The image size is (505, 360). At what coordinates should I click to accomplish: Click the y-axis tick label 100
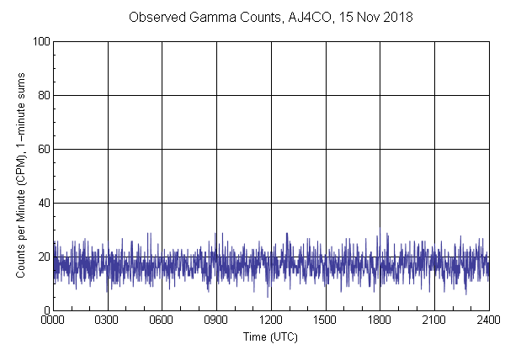[x=40, y=41]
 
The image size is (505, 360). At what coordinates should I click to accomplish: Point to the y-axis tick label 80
[x=43, y=95]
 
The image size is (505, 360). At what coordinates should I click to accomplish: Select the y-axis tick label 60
[x=43, y=149]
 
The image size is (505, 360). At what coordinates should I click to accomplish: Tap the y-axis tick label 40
[x=43, y=203]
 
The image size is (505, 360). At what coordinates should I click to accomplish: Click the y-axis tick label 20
[x=43, y=257]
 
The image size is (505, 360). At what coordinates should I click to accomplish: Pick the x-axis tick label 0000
[x=53, y=320]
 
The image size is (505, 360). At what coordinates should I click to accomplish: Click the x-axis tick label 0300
[x=108, y=320]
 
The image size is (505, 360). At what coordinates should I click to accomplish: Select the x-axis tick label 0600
[x=162, y=320]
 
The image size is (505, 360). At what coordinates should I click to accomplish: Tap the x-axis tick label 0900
[x=216, y=320]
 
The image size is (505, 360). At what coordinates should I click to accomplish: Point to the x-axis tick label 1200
[x=271, y=320]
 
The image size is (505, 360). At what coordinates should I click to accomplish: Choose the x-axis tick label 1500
[x=326, y=320]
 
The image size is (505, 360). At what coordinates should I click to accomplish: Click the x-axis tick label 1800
[x=380, y=320]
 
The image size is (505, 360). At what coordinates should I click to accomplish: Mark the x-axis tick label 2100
[x=434, y=320]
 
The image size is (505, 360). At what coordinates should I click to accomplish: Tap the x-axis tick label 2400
[x=488, y=320]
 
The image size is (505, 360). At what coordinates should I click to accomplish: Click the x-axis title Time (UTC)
[x=270, y=336]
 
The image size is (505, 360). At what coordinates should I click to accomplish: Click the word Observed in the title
[x=157, y=18]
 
